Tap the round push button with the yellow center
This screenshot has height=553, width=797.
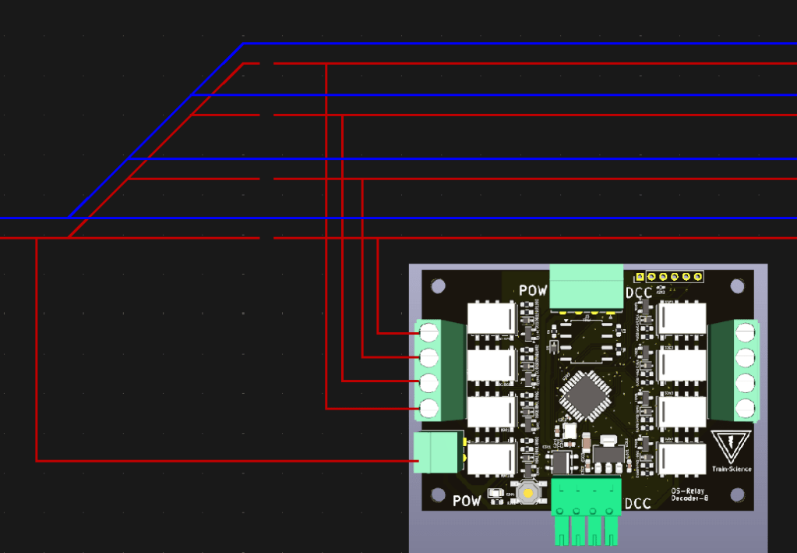tap(528, 493)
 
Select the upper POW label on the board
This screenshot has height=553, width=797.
tap(534, 291)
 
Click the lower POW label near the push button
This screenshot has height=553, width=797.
tap(467, 500)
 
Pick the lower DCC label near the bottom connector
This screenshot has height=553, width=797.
tap(638, 503)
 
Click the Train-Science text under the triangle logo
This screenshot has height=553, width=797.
tap(732, 469)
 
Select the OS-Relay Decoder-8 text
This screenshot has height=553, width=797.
tap(689, 494)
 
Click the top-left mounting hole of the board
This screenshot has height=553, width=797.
tap(439, 286)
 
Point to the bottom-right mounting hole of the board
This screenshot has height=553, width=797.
tap(737, 495)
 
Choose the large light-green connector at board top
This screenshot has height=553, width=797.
tap(587, 287)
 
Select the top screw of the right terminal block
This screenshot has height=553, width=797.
tap(746, 332)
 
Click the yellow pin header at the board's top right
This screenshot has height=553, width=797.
tap(668, 276)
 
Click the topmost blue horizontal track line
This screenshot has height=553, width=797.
tap(514, 44)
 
